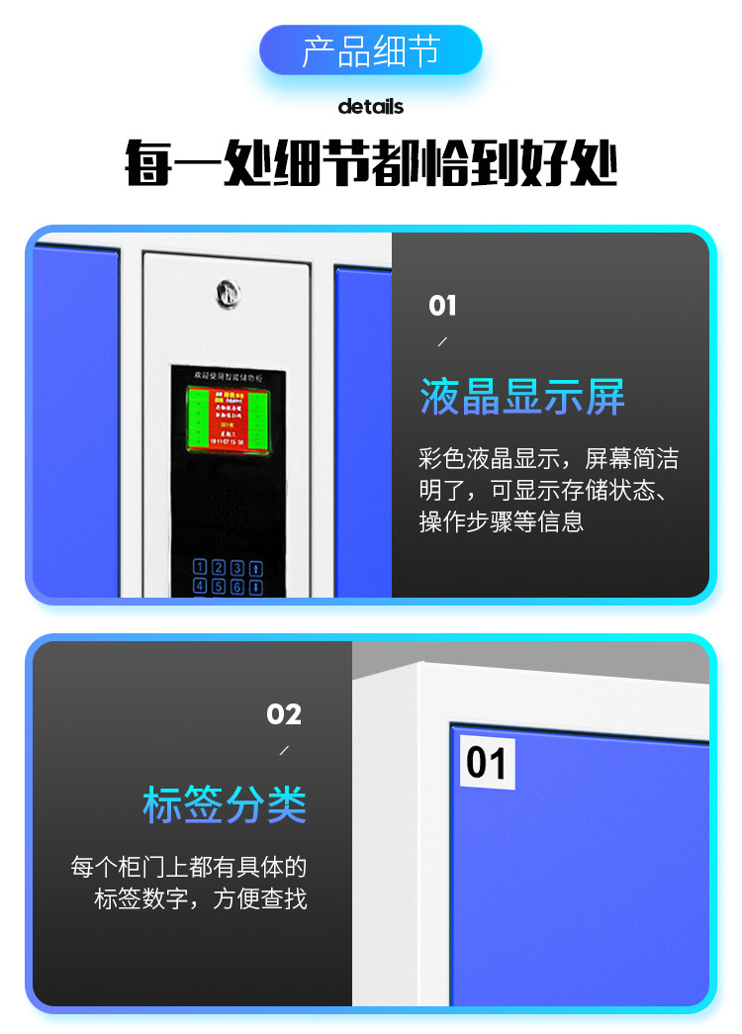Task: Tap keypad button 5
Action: (219, 586)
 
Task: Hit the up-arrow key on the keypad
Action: (254, 568)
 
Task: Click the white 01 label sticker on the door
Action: (487, 763)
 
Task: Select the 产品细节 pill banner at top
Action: (370, 50)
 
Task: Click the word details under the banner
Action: (371, 106)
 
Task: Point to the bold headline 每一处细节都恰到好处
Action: (371, 164)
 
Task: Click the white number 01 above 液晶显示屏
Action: (442, 306)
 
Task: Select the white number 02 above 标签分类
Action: (284, 713)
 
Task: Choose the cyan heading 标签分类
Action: (225, 804)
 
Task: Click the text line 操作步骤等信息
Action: (502, 521)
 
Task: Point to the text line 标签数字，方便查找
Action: (201, 899)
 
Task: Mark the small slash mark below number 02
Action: (284, 751)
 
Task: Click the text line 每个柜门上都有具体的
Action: (189, 868)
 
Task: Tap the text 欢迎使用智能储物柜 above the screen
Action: (229, 376)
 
